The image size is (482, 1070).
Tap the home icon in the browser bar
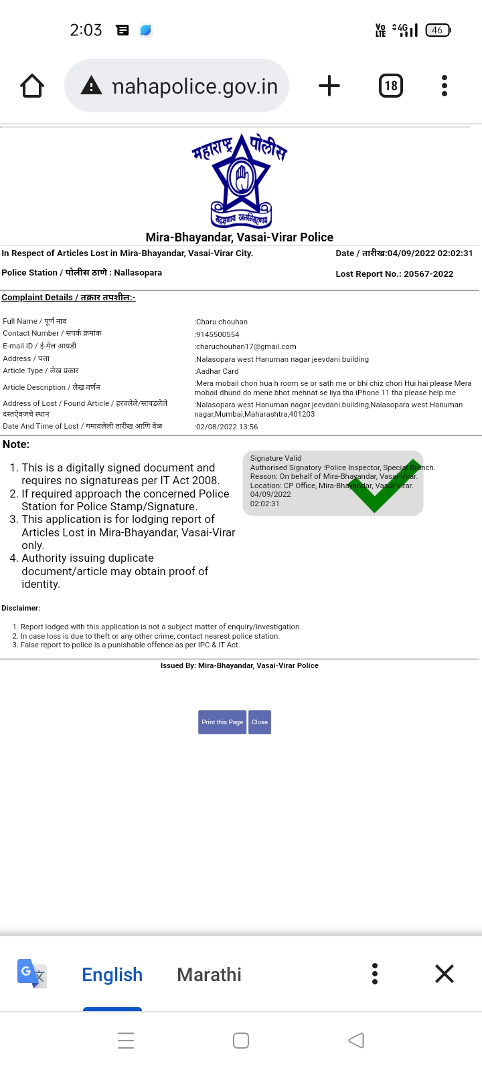point(32,86)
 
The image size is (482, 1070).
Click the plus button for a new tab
point(329,86)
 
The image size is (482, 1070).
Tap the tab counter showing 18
point(391,86)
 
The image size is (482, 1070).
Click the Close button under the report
point(260,722)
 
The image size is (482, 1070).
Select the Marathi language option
point(209,974)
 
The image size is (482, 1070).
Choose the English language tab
point(112,974)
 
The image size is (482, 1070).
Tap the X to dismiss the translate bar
point(445,974)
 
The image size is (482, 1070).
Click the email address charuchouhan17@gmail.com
point(246,346)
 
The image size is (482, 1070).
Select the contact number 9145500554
point(218,334)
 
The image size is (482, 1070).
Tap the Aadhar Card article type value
point(217,371)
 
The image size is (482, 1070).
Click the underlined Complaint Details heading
point(68,298)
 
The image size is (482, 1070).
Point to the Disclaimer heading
point(21,608)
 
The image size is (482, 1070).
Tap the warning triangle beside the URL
point(91,86)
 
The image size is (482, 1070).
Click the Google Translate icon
point(31,974)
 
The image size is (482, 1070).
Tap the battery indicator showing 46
point(438,30)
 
